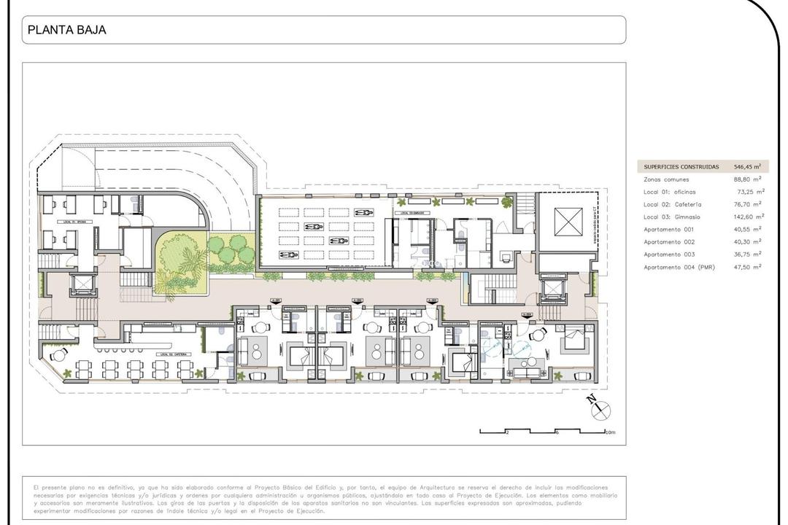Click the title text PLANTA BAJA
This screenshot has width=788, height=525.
66,31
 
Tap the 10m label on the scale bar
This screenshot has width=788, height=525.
611,432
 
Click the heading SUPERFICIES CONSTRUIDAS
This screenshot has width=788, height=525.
681,166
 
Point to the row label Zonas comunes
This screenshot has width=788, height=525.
665,179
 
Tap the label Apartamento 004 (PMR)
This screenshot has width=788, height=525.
679,268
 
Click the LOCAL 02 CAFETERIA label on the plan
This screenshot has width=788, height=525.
172,354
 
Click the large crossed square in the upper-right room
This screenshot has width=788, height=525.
568,222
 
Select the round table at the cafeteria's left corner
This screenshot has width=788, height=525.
59,354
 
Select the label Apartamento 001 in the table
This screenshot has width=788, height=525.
668,230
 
